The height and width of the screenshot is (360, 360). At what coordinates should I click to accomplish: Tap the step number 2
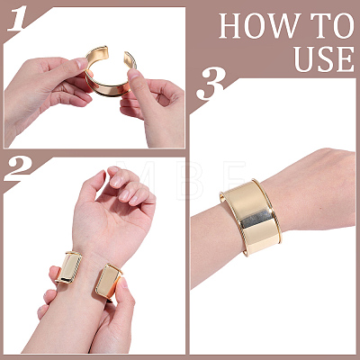(20, 169)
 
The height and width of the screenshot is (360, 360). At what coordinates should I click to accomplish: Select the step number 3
(211, 84)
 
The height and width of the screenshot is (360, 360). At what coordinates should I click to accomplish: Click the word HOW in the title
(260, 26)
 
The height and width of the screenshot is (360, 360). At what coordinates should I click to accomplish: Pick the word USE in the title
(324, 58)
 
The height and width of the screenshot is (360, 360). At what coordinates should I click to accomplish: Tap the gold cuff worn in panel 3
(250, 217)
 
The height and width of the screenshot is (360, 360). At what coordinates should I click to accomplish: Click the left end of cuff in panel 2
(69, 267)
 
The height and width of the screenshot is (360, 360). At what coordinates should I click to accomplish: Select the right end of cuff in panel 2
(108, 283)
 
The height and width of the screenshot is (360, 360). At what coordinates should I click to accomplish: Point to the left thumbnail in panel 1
(82, 63)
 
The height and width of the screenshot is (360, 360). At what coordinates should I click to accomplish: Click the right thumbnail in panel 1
(132, 74)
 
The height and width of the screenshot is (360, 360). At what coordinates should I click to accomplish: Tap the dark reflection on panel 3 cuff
(256, 218)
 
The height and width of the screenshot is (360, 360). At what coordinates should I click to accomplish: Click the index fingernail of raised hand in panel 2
(114, 181)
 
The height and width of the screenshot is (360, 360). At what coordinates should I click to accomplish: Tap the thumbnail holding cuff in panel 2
(122, 283)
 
